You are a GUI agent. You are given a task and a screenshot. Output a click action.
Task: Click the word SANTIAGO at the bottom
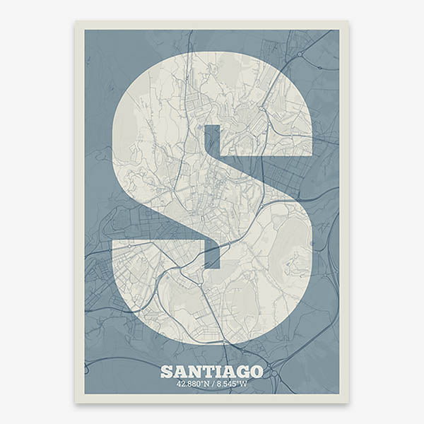pos(212,371)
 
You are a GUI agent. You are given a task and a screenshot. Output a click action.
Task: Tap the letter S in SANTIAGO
pos(167,371)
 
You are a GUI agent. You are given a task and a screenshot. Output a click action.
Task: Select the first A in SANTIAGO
pos(179,371)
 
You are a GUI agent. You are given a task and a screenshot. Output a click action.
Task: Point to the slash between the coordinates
pos(212,384)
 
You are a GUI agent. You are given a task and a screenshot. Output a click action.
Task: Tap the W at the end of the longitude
pos(245,384)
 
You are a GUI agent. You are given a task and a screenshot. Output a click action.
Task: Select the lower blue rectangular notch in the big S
pos(212,254)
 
